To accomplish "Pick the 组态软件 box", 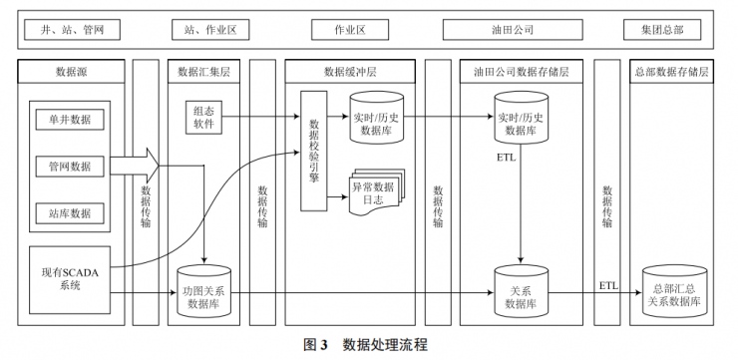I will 204,117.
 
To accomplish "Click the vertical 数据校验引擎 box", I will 315,149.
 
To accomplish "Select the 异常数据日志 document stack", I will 374,191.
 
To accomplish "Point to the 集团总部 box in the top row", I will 669,30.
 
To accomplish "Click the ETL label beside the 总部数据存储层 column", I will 608,285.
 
